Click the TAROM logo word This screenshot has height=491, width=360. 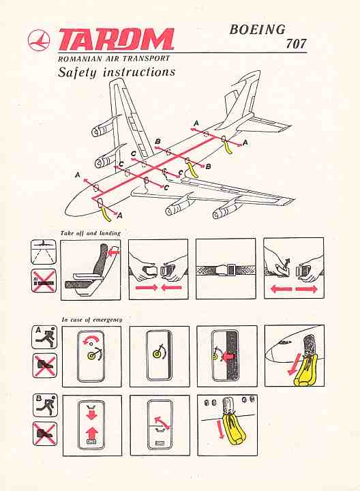(116, 40)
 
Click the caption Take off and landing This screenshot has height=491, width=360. (91, 233)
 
